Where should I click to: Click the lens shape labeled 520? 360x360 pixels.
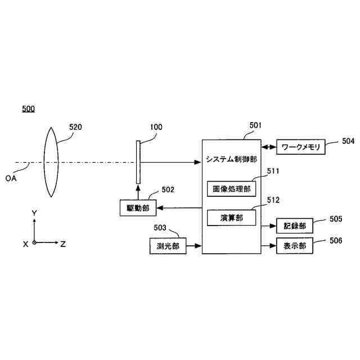pyautogui.click(x=51, y=162)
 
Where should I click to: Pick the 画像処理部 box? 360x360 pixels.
pyautogui.click(x=231, y=188)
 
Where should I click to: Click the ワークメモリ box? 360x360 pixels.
pyautogui.click(x=300, y=147)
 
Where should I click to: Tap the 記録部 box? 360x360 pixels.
pyautogui.click(x=295, y=226)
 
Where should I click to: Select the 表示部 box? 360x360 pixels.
pyautogui.click(x=295, y=246)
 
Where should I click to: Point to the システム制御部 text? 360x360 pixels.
pyautogui.click(x=231, y=159)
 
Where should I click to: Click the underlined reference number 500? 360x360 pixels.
pyautogui.click(x=28, y=109)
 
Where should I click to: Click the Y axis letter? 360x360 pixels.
pyautogui.click(x=34, y=213)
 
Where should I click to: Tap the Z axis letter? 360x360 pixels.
pyautogui.click(x=63, y=244)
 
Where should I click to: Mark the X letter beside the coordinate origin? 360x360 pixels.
pyautogui.click(x=25, y=244)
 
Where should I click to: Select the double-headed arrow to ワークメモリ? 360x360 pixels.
pyautogui.click(x=268, y=147)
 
